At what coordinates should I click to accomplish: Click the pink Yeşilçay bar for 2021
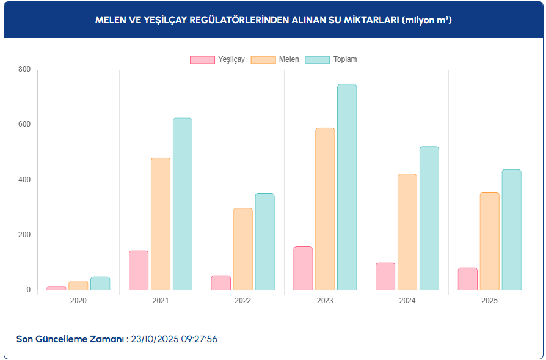coord(139,270)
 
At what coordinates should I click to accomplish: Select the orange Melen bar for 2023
coord(325,208)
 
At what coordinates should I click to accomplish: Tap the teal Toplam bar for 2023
coord(347,187)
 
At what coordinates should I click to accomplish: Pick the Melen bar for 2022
coord(242,249)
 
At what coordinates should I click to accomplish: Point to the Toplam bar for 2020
coord(100,284)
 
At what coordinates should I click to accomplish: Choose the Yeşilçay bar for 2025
coord(468,279)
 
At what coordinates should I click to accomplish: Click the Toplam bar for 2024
coord(429,218)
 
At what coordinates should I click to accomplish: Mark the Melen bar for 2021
coord(161,224)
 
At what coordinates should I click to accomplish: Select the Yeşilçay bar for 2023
coord(303,268)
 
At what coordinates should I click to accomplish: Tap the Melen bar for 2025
coord(490,241)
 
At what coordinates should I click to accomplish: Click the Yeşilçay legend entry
coord(217,59)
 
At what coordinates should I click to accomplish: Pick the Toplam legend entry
coord(330,59)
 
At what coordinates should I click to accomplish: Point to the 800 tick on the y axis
coord(24,70)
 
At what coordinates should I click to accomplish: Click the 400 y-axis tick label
coord(24,180)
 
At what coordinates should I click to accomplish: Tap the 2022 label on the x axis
coord(242,301)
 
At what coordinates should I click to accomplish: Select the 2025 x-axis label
coord(489,301)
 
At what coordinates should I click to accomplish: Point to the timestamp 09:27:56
coord(199,339)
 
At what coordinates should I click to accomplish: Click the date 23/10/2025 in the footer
coord(155,339)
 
